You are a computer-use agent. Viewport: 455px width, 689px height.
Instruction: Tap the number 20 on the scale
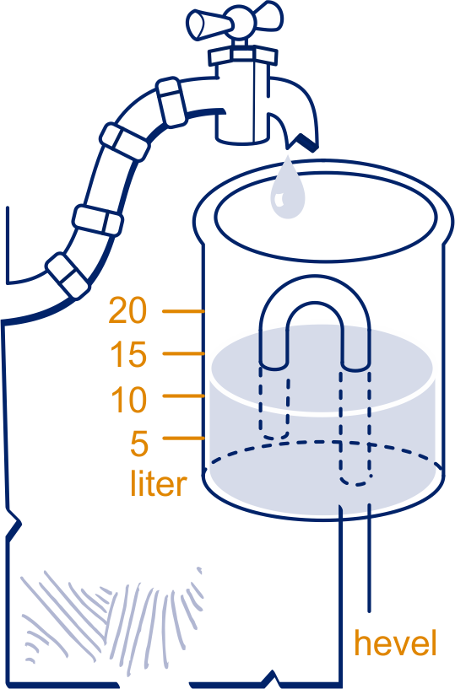[x=127, y=310]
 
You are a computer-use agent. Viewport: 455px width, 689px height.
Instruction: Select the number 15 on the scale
[x=128, y=354]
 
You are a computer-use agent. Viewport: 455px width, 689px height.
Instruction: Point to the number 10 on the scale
[x=128, y=400]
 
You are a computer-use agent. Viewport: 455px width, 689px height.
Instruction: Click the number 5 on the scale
[x=139, y=444]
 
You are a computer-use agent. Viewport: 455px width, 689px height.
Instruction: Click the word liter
[x=159, y=483]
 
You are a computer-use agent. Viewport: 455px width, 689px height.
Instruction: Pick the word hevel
[x=396, y=643]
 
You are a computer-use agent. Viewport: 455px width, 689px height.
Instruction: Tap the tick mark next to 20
[x=184, y=311]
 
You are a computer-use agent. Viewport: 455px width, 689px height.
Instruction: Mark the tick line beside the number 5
[x=184, y=438]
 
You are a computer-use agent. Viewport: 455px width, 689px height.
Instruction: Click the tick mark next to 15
[x=184, y=353]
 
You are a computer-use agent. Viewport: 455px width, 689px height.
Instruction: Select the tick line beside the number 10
[x=184, y=396]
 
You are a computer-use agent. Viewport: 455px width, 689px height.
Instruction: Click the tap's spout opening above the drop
[x=302, y=142]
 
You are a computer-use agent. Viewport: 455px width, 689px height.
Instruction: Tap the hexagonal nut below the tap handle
[x=243, y=56]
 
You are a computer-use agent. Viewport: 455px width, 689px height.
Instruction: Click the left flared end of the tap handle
[x=200, y=24]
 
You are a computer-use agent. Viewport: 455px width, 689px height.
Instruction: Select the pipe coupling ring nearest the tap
[x=171, y=102]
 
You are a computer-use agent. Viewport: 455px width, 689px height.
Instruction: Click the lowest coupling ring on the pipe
[x=68, y=276]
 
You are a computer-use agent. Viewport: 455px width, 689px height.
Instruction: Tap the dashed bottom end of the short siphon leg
[x=274, y=436]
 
